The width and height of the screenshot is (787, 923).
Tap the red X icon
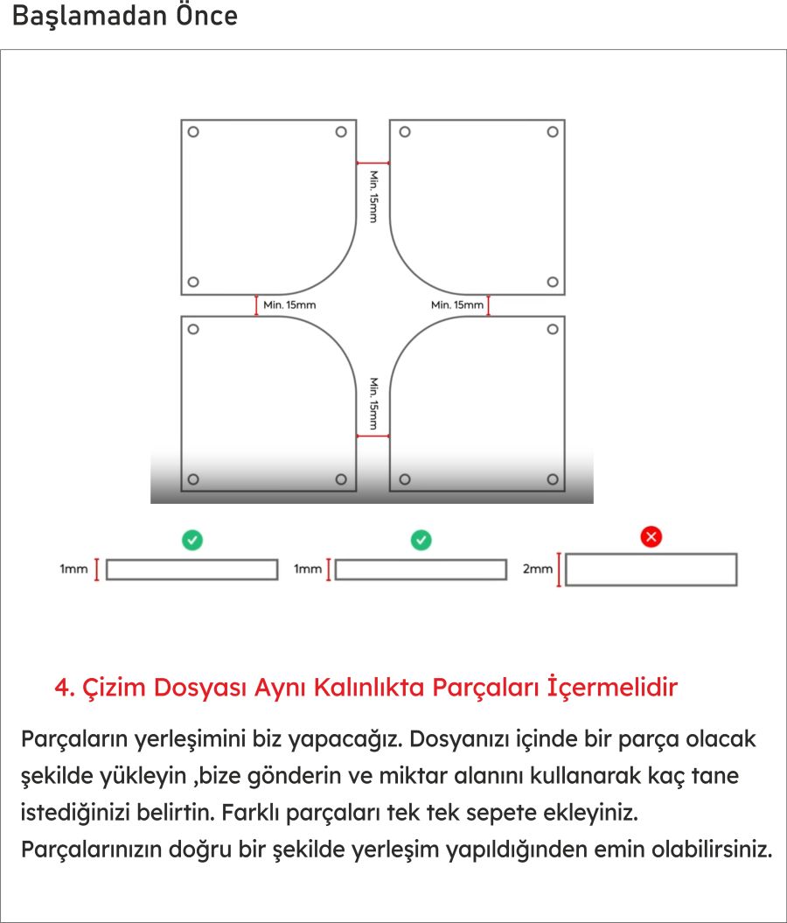[x=651, y=537]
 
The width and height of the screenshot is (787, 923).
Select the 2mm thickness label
[x=537, y=570]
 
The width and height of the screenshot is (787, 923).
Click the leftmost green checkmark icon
[x=193, y=540]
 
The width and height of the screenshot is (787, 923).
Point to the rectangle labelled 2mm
[x=651, y=570]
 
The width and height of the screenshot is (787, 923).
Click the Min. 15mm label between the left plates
[x=289, y=304]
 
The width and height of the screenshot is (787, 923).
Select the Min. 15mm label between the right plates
[x=456, y=304]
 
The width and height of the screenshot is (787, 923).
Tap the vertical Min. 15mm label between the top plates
[x=373, y=196]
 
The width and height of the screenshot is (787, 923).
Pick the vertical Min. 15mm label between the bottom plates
[x=373, y=404]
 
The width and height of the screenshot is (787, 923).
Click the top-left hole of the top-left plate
[x=193, y=132]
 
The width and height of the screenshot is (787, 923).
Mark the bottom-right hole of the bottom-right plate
[x=553, y=479]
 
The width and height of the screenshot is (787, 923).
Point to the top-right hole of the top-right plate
[x=553, y=132]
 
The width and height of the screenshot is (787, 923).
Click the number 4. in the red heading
[x=65, y=688]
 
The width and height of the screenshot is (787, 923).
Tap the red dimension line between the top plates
[x=373, y=163]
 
